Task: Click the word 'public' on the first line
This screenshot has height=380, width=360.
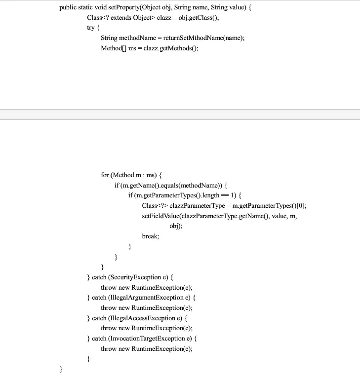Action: coord(68,7)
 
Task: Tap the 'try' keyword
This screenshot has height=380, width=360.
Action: coord(90,28)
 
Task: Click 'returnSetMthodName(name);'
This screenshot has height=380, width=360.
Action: coord(203,38)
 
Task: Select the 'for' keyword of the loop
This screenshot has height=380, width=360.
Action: coord(105,175)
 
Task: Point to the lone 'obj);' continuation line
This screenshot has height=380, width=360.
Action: coord(176,226)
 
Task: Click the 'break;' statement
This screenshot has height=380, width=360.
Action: coord(151,236)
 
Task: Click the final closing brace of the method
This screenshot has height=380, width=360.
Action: coord(61,369)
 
